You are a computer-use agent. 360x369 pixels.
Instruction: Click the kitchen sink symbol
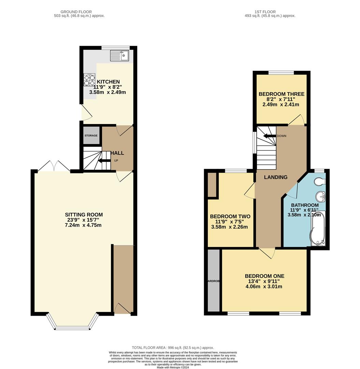click(119, 55)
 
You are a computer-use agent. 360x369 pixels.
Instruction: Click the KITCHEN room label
click(108, 82)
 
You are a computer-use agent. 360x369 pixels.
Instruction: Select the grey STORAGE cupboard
click(91, 136)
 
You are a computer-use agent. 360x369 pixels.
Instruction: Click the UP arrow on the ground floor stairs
click(104, 161)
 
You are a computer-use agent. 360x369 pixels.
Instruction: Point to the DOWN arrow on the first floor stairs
click(270, 136)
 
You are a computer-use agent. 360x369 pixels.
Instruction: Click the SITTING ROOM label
click(84, 215)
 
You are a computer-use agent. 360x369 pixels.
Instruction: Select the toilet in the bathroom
click(321, 181)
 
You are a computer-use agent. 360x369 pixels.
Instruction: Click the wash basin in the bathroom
click(320, 196)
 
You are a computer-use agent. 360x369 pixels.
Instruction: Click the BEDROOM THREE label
click(281, 94)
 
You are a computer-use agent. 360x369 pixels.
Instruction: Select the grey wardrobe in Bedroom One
click(214, 281)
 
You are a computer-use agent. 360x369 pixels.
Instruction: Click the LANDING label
click(276, 177)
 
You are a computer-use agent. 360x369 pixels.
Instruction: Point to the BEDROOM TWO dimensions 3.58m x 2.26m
click(229, 227)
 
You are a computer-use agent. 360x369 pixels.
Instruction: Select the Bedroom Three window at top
click(281, 72)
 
